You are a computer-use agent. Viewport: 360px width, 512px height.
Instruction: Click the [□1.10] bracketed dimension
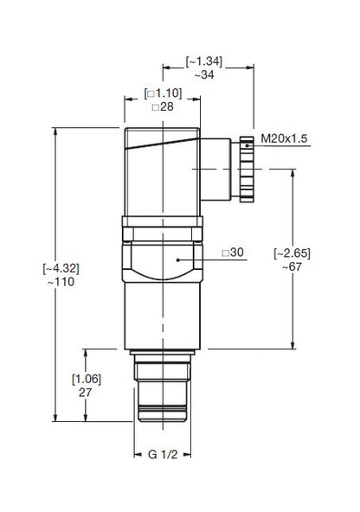tap(163, 93)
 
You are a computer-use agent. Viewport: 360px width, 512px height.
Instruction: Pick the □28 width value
tap(163, 107)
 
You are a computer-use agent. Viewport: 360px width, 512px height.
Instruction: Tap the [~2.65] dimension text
tap(292, 253)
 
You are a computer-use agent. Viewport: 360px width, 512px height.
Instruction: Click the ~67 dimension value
tap(292, 267)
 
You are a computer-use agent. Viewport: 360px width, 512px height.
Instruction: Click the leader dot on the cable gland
tap(247, 148)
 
